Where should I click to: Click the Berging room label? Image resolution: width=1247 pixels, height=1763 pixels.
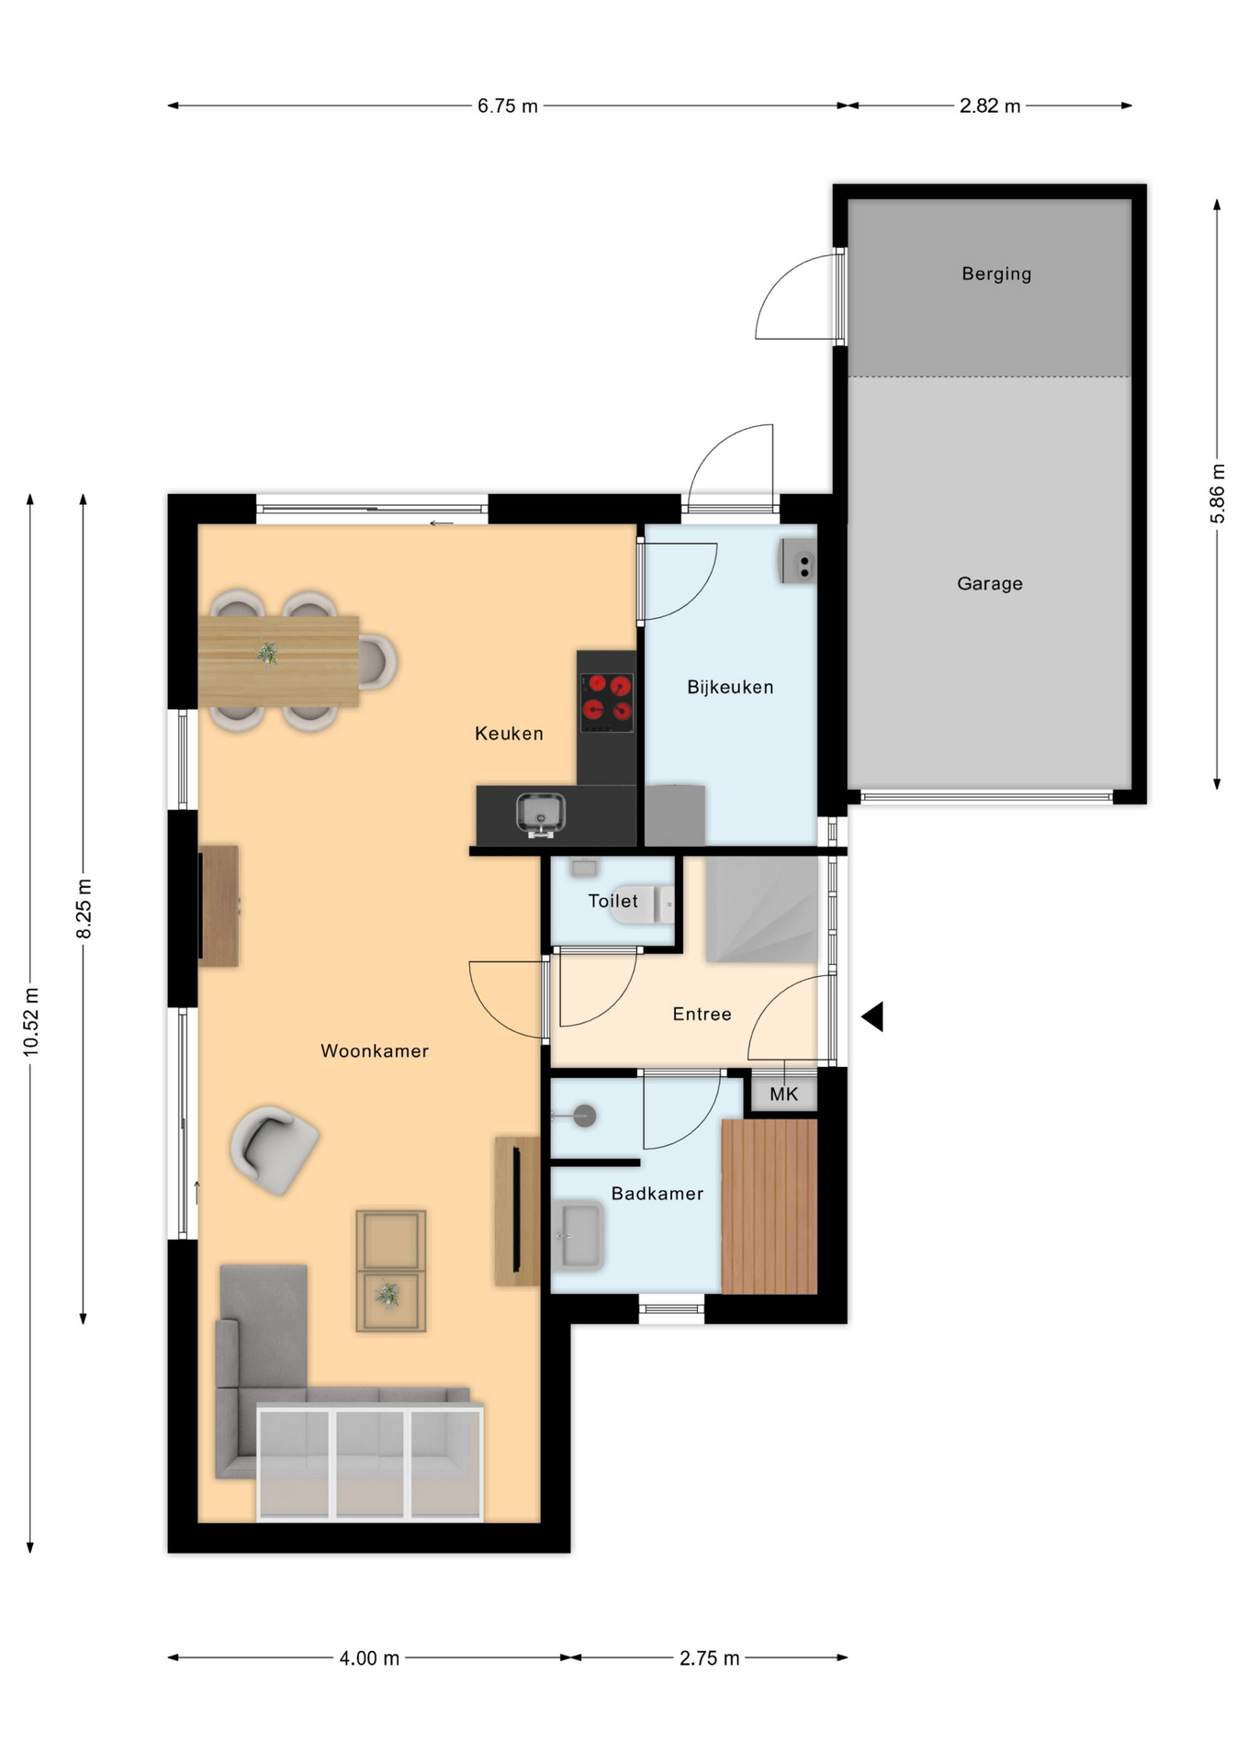tap(996, 274)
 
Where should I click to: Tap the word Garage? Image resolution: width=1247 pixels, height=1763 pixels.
tap(989, 583)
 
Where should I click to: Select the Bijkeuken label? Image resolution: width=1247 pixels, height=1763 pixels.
tap(730, 687)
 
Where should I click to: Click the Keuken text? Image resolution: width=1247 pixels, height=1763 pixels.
tap(509, 733)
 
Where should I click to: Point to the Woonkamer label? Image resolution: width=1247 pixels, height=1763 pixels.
tap(375, 1050)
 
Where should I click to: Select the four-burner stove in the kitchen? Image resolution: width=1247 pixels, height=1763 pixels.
tap(607, 702)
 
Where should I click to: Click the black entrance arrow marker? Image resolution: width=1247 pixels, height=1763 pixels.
tap(873, 1016)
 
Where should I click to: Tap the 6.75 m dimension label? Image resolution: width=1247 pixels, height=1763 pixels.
tap(507, 106)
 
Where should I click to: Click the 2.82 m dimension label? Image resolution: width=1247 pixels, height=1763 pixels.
tap(990, 106)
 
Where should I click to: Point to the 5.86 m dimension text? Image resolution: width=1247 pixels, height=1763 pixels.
tap(1218, 493)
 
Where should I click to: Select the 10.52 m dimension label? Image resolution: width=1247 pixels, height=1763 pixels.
tap(31, 1022)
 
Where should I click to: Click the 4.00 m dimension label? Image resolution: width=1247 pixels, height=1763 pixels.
tap(369, 1657)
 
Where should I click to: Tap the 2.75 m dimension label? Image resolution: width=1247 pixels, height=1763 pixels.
tap(709, 1657)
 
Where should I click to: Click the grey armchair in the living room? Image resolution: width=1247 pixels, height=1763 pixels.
tap(274, 1149)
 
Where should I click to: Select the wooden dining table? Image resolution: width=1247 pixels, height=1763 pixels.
tap(278, 661)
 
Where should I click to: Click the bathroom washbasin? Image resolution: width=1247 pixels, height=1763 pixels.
tap(579, 1236)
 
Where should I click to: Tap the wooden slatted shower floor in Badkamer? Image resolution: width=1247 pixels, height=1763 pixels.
tap(770, 1207)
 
